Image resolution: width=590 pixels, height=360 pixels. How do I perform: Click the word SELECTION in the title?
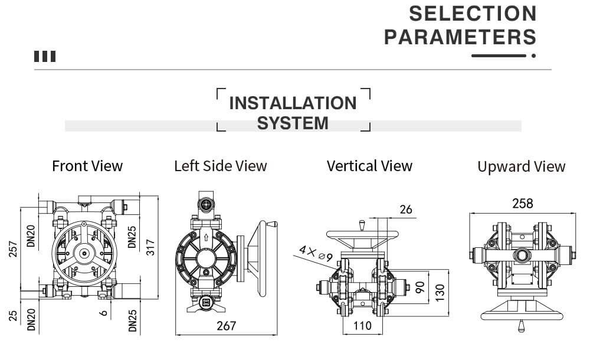473,13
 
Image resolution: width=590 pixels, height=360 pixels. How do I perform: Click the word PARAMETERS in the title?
460,37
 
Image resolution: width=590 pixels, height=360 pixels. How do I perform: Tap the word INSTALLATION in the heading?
293,103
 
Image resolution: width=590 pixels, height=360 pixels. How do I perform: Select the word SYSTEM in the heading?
293,123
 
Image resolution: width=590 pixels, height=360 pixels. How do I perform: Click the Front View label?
87,166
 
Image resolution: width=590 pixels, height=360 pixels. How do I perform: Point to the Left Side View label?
221,166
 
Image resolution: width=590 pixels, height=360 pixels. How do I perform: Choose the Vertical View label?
369,166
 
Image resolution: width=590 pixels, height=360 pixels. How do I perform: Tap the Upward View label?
521,167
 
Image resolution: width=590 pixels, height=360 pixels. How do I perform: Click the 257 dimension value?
12,250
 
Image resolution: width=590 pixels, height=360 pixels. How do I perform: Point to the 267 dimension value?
226,326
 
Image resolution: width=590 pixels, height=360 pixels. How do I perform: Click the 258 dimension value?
522,204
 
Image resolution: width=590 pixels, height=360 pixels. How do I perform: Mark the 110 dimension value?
362,325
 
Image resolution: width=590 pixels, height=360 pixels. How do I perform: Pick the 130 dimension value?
439,292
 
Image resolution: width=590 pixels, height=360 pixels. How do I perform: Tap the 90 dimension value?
419,288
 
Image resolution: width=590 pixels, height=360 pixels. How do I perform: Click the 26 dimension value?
406,210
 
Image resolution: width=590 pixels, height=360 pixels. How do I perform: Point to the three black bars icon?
45,57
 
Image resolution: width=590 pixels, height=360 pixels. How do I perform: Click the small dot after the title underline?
533,56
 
